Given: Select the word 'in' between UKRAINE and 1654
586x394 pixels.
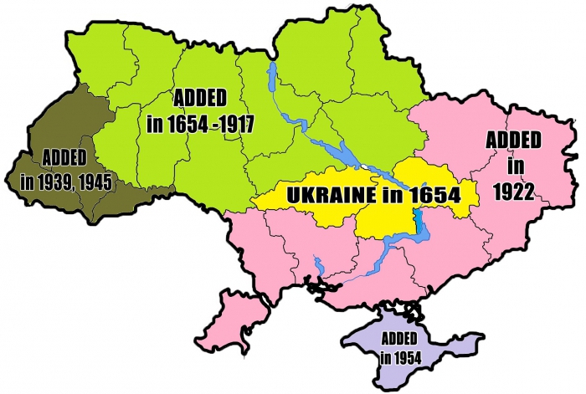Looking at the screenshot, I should pyautogui.click(x=387, y=195).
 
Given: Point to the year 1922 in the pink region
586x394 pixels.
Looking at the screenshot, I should pyautogui.click(x=514, y=192).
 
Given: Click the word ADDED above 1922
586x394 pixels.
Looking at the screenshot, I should pyautogui.click(x=514, y=139).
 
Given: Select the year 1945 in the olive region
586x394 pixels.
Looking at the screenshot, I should pyautogui.click(x=95, y=182).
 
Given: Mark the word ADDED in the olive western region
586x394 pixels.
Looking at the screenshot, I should pyautogui.click(x=64, y=157).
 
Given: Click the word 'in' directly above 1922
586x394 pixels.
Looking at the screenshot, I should pyautogui.click(x=514, y=166).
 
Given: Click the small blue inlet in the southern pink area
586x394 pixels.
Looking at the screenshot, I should pyautogui.click(x=317, y=266).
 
